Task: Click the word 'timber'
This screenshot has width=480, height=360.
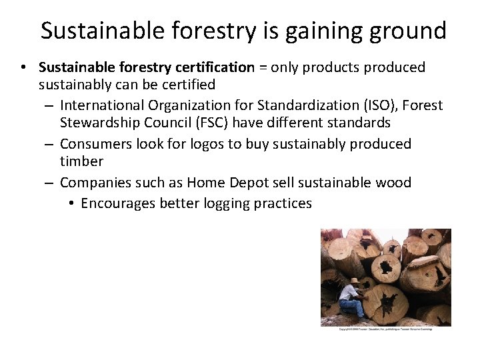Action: [81, 161]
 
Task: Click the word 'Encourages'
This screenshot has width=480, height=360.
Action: [118, 203]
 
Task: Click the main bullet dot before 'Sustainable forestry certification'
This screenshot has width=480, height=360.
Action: [23, 68]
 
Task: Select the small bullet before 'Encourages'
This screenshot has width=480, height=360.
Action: [71, 204]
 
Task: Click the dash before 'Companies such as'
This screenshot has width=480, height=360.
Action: [51, 183]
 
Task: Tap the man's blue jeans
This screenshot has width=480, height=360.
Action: [351, 307]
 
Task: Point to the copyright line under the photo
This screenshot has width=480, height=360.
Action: [385, 329]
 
